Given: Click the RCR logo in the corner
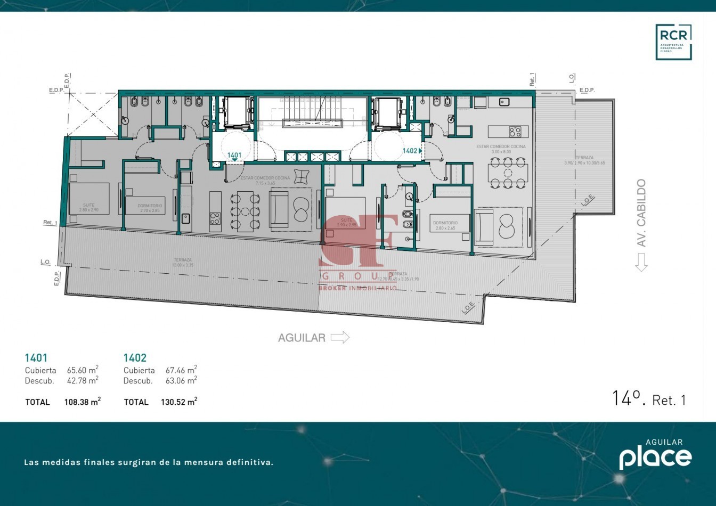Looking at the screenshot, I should point(673,42).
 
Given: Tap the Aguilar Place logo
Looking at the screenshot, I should point(655,455).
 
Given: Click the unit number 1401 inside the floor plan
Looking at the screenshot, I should point(234,156).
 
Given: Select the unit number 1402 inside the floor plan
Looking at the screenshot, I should point(410,151).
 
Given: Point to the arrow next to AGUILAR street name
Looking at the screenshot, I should point(340,337).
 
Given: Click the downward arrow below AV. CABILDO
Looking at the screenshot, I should point(641,262).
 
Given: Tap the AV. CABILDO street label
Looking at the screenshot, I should point(641,213).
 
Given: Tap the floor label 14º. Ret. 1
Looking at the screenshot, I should point(649,399).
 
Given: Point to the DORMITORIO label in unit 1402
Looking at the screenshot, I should point(445,223).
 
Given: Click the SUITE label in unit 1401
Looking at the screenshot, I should point(88,205).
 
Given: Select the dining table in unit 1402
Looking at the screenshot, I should point(508,175).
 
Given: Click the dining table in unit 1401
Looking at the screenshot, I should point(245,211).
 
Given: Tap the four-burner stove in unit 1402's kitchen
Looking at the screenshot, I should point(515,131).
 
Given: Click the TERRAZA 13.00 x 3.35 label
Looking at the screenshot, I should point(182,262).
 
